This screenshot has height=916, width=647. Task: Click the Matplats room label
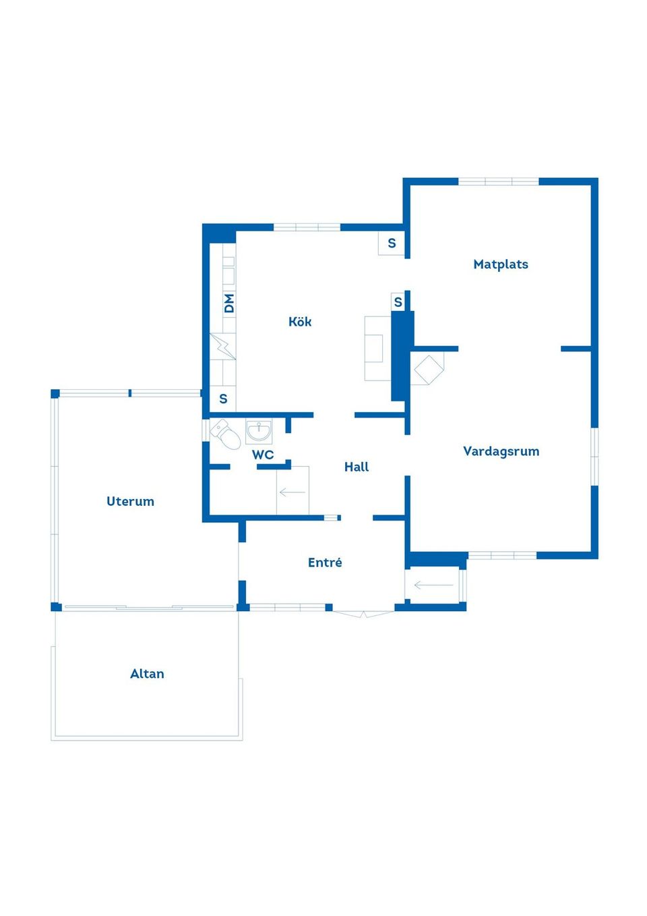tap(501, 264)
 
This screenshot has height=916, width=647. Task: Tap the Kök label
tap(300, 322)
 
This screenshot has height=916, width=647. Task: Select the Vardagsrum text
tap(501, 451)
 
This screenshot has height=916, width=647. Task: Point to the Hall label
tap(357, 467)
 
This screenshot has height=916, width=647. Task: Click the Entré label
tap(325, 563)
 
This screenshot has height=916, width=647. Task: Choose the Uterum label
tap(130, 501)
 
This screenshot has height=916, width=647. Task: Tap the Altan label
tap(147, 674)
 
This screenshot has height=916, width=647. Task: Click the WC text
tap(263, 455)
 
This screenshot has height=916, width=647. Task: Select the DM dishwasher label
tap(229, 303)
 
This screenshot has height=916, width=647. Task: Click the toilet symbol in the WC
tap(226, 434)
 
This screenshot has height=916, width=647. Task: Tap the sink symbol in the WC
tap(259, 431)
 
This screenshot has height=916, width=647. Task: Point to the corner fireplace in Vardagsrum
tap(428, 368)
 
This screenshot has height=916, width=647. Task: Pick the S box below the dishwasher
tap(223, 399)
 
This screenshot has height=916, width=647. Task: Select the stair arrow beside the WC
tap(292, 492)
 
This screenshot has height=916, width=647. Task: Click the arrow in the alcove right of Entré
tap(433, 585)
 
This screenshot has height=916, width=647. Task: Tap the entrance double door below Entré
tap(363, 613)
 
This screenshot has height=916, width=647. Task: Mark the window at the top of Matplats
tap(499, 181)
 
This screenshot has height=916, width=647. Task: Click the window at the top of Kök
tap(307, 227)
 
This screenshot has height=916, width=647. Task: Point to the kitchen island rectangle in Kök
tap(377, 348)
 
